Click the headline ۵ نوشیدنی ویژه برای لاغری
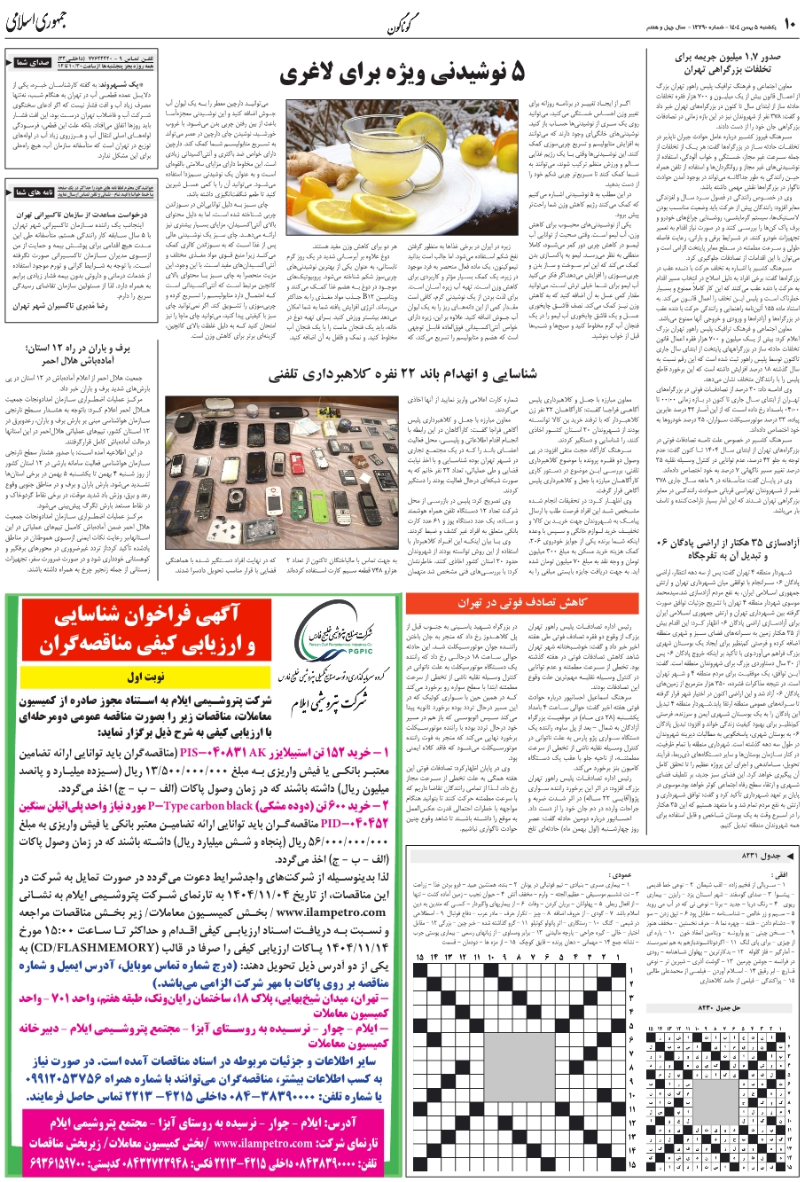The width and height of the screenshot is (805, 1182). pyautogui.click(x=404, y=74)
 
